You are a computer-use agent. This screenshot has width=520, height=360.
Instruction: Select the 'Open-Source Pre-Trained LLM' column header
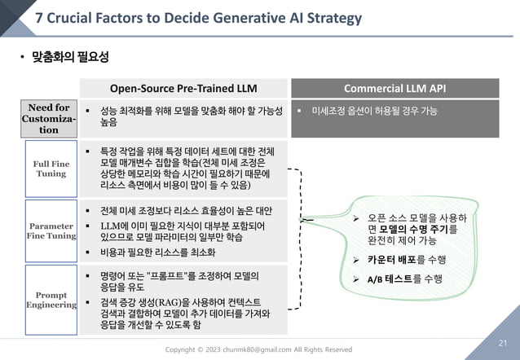coord(185,88)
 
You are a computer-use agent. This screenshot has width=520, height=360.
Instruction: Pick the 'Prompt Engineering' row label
coord(51,299)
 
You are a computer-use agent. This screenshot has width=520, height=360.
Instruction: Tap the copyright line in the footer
coord(259,349)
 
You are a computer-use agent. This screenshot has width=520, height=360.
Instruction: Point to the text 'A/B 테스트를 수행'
coord(404,279)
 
